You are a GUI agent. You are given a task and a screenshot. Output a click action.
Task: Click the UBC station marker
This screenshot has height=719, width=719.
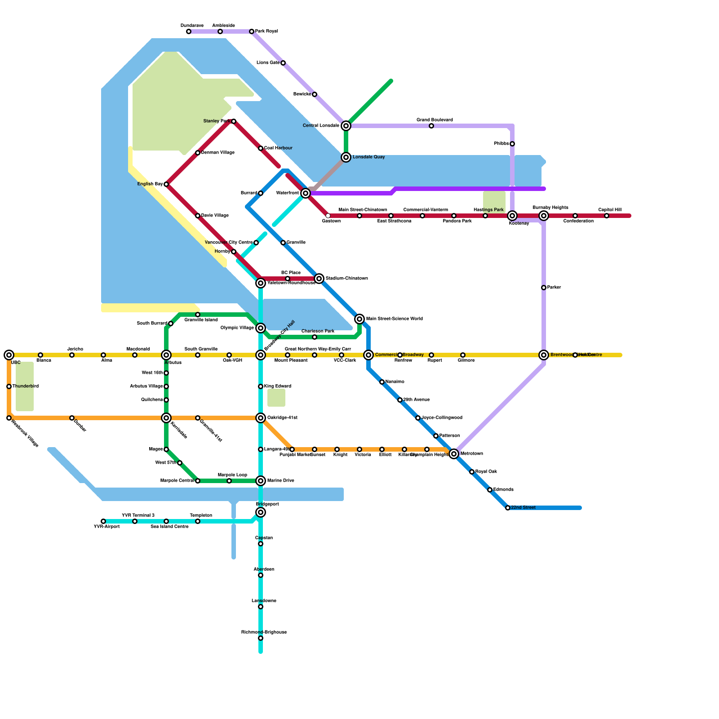9,355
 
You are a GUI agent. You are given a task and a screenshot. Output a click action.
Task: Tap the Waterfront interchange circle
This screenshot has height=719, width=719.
306,193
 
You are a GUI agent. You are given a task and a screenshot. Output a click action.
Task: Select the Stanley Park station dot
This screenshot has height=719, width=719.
234,121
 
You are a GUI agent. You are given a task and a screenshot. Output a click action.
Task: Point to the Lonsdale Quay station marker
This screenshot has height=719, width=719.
346,157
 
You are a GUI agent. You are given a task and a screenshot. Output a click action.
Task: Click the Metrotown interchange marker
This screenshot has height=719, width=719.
454,454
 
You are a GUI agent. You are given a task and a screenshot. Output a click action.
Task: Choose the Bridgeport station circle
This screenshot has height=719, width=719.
261,512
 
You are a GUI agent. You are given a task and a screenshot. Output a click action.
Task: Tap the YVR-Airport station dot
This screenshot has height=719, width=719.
103,521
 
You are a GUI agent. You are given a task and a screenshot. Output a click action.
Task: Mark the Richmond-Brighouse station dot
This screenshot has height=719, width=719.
261,638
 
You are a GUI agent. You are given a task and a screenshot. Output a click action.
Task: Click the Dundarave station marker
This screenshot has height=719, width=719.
189,31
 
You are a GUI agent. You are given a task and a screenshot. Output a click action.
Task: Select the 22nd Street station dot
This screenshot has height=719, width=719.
508,508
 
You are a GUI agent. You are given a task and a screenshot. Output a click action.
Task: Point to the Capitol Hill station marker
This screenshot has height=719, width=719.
607,216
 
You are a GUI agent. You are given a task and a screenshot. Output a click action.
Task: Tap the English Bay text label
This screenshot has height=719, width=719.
150,184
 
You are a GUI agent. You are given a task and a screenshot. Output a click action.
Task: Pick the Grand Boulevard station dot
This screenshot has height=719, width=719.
431,126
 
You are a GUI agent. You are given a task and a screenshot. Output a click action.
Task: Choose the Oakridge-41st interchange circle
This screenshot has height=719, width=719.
261,418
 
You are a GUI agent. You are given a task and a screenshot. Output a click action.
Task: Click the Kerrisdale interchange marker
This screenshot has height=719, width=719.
166,418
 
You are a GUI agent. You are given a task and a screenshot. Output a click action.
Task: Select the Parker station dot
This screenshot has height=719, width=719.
544,288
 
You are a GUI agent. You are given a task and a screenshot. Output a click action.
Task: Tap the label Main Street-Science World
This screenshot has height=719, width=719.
395,319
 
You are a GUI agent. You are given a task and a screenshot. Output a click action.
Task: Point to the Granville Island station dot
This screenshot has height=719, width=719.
198,315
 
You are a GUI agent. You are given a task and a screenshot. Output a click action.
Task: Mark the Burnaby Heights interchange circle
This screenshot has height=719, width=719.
544,216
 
